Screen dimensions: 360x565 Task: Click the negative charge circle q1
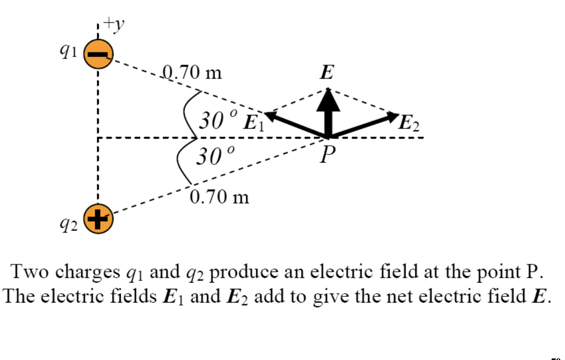(98, 56)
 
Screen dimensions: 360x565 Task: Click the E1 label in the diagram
(254, 122)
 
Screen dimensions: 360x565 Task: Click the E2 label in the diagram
(409, 123)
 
